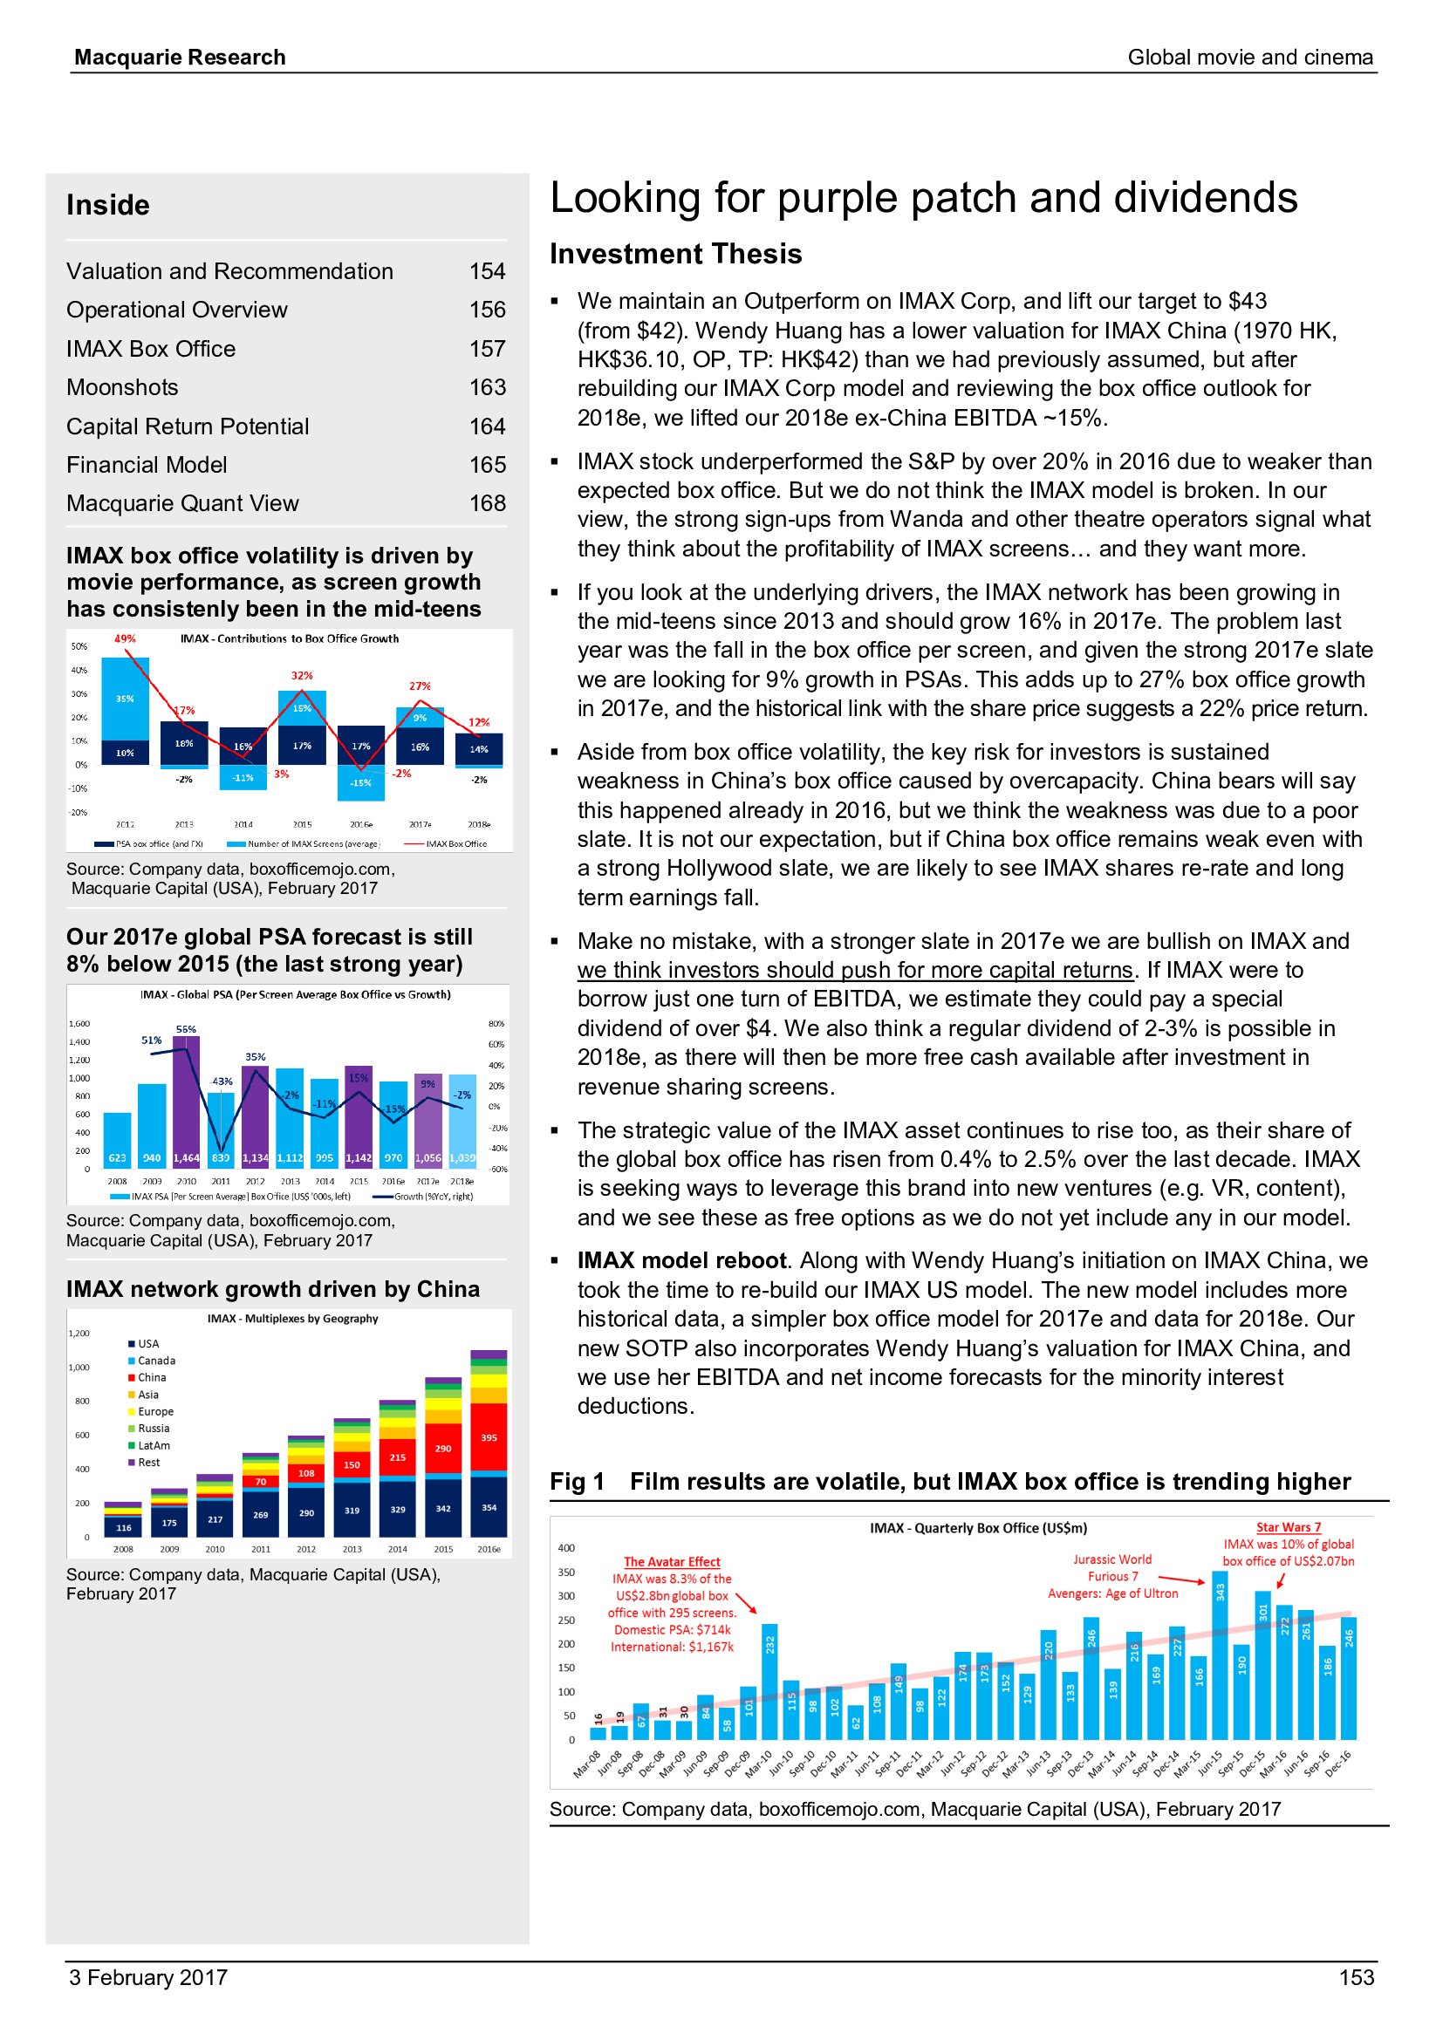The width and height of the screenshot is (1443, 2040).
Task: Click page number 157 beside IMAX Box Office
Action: click(487, 349)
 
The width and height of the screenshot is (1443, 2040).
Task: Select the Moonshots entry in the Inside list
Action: click(123, 387)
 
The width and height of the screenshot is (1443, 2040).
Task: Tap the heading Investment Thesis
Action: click(675, 254)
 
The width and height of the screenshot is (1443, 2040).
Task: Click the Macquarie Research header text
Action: click(181, 58)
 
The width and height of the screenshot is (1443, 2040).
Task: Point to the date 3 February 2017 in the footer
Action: click(148, 1977)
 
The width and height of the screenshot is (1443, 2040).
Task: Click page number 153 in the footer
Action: click(1356, 1977)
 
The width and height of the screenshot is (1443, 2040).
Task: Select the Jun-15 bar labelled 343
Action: click(1220, 1656)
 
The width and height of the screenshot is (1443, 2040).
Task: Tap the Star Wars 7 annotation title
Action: click(1289, 1527)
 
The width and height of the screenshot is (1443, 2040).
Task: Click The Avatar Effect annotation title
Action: click(672, 1562)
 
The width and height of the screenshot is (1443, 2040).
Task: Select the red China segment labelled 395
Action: click(489, 1436)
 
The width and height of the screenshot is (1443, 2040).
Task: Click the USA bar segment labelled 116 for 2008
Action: click(124, 1527)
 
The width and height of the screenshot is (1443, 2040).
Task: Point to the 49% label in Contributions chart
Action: click(126, 638)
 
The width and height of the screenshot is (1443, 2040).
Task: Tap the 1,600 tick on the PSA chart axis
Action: click(79, 1024)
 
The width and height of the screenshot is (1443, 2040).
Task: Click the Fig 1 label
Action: click(578, 1482)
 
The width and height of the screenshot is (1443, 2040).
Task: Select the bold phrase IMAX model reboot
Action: click(681, 1261)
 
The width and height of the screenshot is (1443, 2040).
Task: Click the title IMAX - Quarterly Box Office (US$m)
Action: click(978, 1528)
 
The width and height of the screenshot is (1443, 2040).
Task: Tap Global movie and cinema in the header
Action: click(1250, 58)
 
